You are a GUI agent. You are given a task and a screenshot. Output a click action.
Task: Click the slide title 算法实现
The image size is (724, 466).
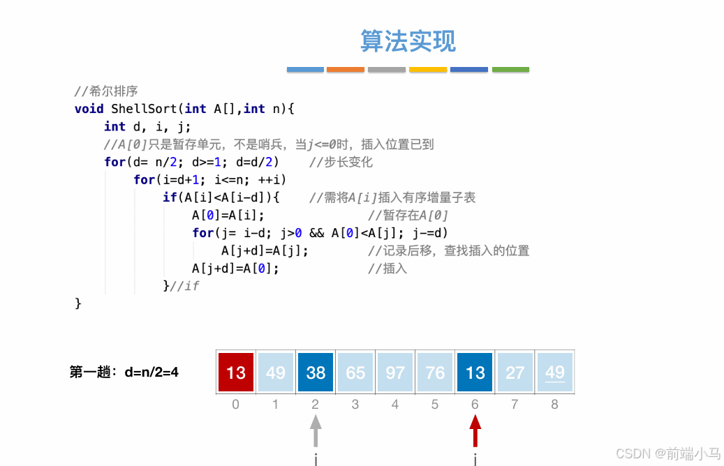408,40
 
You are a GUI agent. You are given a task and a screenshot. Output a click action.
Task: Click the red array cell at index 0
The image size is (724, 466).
236,373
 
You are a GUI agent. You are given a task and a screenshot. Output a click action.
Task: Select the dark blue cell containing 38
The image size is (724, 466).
316,373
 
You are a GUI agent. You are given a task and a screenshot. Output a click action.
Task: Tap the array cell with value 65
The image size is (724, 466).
355,373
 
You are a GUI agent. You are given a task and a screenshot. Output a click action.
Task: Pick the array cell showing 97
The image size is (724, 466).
395,373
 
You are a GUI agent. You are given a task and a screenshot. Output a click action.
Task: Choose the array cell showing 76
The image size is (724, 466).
435,373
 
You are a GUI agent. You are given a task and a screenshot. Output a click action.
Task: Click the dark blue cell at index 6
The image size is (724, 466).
475,373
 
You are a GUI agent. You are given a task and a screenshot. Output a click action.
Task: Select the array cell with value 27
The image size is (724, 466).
515,373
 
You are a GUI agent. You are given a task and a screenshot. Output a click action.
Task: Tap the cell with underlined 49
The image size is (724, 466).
554,373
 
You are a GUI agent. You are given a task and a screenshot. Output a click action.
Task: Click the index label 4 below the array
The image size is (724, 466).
395,404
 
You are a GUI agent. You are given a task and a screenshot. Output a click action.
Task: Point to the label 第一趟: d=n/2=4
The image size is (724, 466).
124,373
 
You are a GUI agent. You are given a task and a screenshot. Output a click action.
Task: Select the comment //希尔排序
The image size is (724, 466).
106,91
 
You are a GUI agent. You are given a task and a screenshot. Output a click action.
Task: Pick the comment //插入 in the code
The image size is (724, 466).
387,269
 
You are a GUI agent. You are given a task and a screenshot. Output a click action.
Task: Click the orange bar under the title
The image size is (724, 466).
346,70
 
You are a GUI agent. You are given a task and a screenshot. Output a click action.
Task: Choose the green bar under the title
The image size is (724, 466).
510,70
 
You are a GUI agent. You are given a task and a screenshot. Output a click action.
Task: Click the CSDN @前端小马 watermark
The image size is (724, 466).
667,453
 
